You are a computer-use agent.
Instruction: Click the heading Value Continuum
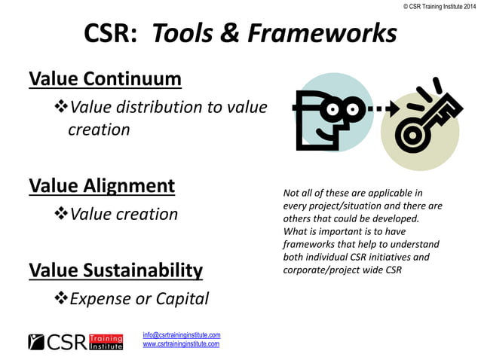tap(105, 78)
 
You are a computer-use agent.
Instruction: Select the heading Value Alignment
tap(101, 185)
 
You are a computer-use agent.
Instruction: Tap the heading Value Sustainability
tap(115, 270)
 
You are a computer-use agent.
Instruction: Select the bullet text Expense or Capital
tap(139, 299)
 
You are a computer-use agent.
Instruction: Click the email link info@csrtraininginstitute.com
tap(181, 334)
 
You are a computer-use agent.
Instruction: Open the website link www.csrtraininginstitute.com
tap(181, 344)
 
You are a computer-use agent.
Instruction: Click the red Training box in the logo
tap(106, 338)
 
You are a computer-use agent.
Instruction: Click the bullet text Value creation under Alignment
tap(124, 214)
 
